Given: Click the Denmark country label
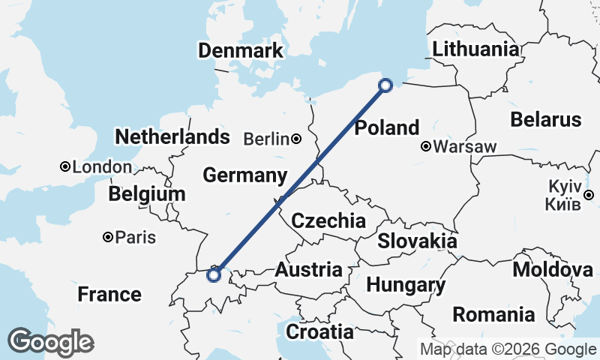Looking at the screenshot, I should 241,51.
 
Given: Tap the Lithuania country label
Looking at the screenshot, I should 475,49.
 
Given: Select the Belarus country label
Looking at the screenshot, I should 545,119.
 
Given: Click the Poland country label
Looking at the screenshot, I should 386,127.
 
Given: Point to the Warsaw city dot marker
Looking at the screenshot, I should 426,146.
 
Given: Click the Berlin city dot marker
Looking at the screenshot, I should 297,139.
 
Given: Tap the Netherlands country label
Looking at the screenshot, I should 172,136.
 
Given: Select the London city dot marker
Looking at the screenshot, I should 66,166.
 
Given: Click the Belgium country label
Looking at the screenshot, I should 146,194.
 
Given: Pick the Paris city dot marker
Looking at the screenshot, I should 109,238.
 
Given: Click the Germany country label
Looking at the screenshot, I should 245,175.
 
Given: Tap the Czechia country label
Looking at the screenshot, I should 328,221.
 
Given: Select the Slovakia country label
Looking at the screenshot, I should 417,241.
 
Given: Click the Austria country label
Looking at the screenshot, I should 309,269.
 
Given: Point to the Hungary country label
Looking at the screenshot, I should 406,286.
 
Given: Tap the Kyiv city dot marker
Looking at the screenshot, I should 589,195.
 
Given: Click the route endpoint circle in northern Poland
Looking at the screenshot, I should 385,85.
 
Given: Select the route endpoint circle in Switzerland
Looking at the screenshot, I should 214,275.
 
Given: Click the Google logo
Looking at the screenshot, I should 50,343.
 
